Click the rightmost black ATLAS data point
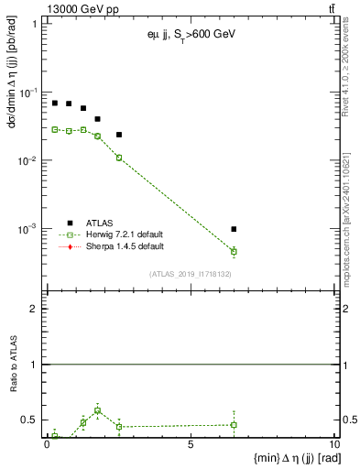(235, 229)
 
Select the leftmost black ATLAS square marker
(55, 104)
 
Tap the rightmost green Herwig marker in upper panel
(235, 251)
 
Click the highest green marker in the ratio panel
(98, 410)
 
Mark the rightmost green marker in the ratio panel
(235, 424)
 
